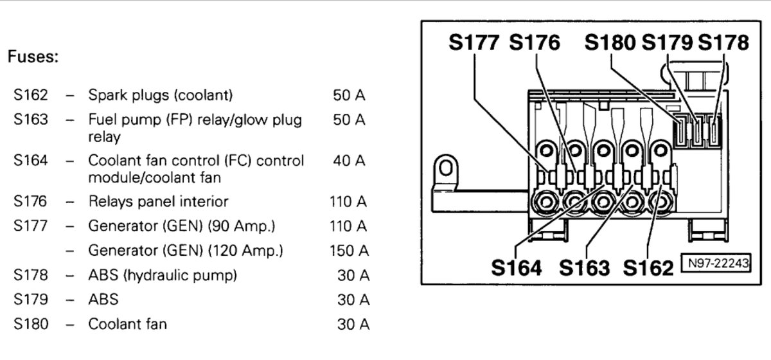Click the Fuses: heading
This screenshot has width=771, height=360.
[x=33, y=57]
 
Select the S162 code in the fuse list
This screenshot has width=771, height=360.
[x=31, y=95]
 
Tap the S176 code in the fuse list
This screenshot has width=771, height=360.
[x=30, y=201]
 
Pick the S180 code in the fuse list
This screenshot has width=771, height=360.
[x=31, y=324]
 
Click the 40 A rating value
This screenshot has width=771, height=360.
[x=349, y=161]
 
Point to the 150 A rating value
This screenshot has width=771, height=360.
[x=349, y=251]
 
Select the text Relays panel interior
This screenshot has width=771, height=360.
[x=158, y=201]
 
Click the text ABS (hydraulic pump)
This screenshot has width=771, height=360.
[x=163, y=276]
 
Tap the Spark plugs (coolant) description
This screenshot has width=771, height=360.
[x=161, y=95]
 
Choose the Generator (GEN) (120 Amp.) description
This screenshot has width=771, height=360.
[x=186, y=251]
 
